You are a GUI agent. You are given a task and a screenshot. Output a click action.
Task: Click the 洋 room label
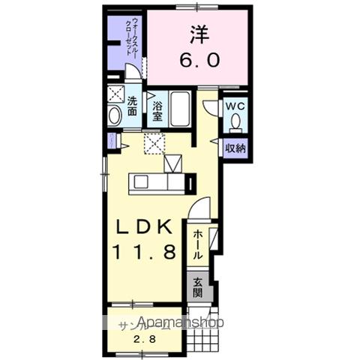click(199, 34)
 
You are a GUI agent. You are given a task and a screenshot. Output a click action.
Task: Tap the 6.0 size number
click(199, 61)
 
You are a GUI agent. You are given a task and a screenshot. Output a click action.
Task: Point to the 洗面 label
click(132, 106)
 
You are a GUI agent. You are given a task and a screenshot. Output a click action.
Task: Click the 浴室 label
click(158, 111)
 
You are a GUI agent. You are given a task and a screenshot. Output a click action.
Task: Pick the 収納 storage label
click(235, 148)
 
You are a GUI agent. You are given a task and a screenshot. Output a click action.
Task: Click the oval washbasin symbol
click(114, 116)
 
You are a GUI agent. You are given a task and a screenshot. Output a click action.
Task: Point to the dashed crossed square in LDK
click(154, 142)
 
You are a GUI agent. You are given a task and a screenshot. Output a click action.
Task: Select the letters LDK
click(144, 226)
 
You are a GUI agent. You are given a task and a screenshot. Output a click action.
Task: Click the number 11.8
click(144, 252)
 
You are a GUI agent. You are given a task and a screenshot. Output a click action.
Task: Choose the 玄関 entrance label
click(197, 287)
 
